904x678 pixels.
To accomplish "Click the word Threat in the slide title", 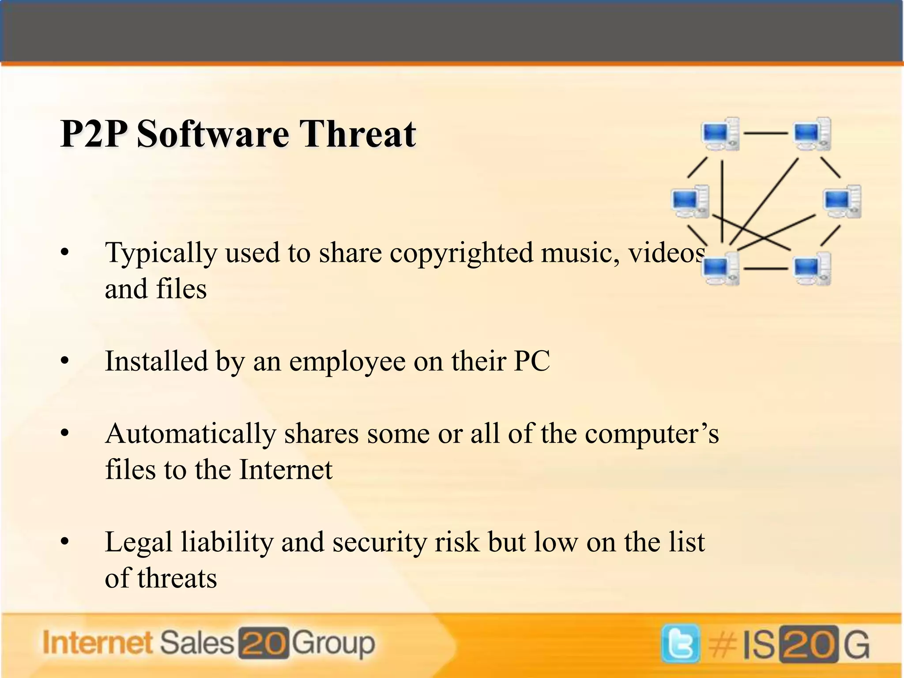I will click(x=358, y=134).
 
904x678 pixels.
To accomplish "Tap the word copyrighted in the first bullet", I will click(x=461, y=253).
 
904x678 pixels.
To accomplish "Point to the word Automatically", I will click(x=190, y=433).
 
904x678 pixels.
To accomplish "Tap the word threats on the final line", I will click(x=177, y=578).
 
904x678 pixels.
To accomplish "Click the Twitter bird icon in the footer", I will click(x=680, y=644).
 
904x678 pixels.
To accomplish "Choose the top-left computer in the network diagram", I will click(x=720, y=133).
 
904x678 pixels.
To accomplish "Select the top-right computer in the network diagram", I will click(x=812, y=133).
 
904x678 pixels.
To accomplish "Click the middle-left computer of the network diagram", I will click(x=690, y=201).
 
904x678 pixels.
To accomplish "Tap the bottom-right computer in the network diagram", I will click(x=812, y=268).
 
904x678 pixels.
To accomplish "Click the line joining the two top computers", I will click(x=766, y=132).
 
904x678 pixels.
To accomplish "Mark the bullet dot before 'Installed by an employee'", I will click(x=65, y=362).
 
